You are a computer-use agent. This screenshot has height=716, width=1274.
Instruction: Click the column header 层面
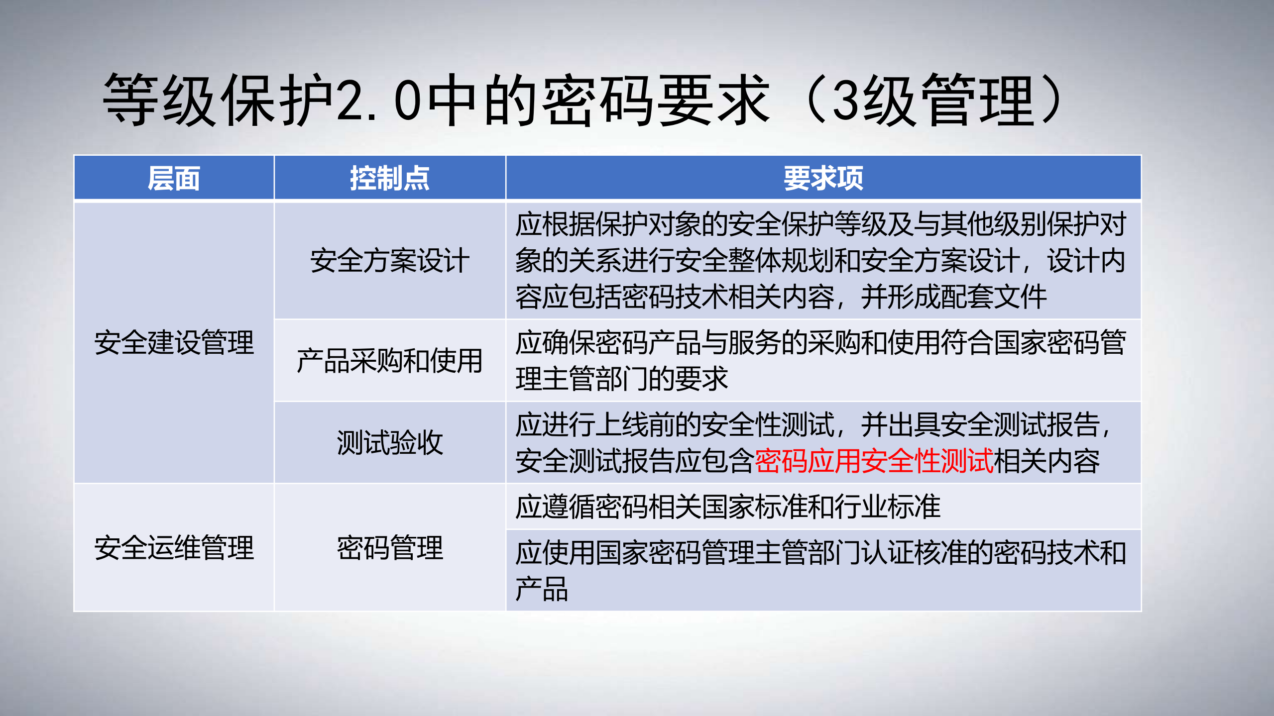coord(174,178)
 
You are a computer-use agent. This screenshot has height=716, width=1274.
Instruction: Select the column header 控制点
coord(389,178)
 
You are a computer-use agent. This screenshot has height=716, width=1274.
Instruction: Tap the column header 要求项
coord(823,178)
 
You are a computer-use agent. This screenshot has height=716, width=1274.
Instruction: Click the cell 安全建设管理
coord(174,343)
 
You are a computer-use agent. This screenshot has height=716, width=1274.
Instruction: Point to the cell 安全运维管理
coord(174,548)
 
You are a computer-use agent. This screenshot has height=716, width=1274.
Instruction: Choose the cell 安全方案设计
coord(389,261)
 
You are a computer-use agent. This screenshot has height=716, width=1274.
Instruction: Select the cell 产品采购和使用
coord(389,361)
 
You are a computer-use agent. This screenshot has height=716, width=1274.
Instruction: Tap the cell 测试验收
coord(389,442)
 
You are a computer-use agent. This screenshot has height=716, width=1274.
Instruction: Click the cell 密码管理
coord(389,548)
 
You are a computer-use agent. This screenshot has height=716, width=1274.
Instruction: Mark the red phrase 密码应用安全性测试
coord(874,461)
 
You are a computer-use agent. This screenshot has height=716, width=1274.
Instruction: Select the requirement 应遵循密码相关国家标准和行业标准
coord(727,507)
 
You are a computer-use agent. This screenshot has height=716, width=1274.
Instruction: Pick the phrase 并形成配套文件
coord(953,297)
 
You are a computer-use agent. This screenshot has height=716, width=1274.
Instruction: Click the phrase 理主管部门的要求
coord(621,379)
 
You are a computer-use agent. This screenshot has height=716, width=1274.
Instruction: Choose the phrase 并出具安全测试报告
coord(980,424)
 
